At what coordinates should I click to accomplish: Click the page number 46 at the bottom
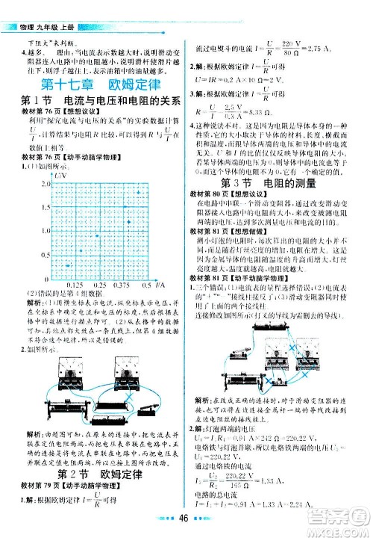(x=186, y=526)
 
